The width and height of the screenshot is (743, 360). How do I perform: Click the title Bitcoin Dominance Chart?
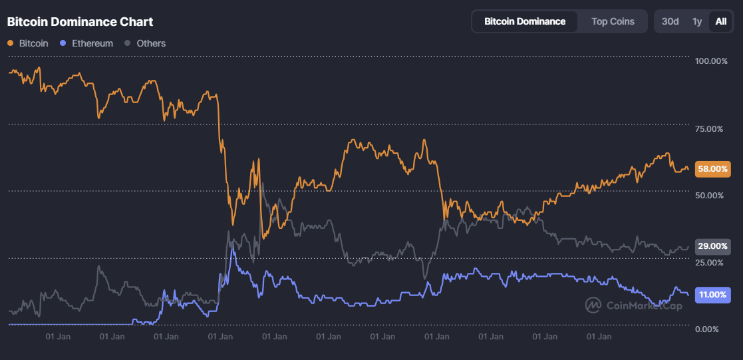pos(80,22)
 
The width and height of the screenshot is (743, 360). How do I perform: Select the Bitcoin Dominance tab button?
pos(525,21)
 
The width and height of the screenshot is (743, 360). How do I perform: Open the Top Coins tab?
pos(613,21)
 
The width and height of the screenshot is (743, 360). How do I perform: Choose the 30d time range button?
pos(670,21)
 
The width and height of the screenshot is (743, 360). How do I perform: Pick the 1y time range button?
pos(696,21)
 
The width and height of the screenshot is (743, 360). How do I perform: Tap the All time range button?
pos(720,21)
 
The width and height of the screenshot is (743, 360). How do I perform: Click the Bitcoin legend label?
pos(33,43)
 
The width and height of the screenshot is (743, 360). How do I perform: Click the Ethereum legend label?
pos(92,43)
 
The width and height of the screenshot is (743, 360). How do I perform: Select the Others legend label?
pos(151,43)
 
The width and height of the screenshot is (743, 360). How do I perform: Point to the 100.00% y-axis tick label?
pos(711,61)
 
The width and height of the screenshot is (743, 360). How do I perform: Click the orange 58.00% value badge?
pos(712,169)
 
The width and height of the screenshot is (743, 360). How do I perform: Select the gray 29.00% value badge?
pos(712,246)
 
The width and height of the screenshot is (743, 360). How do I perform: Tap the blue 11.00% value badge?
pos(712,295)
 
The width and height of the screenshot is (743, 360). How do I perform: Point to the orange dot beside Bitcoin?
pos(11,43)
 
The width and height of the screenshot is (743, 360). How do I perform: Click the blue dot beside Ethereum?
pos(63,43)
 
